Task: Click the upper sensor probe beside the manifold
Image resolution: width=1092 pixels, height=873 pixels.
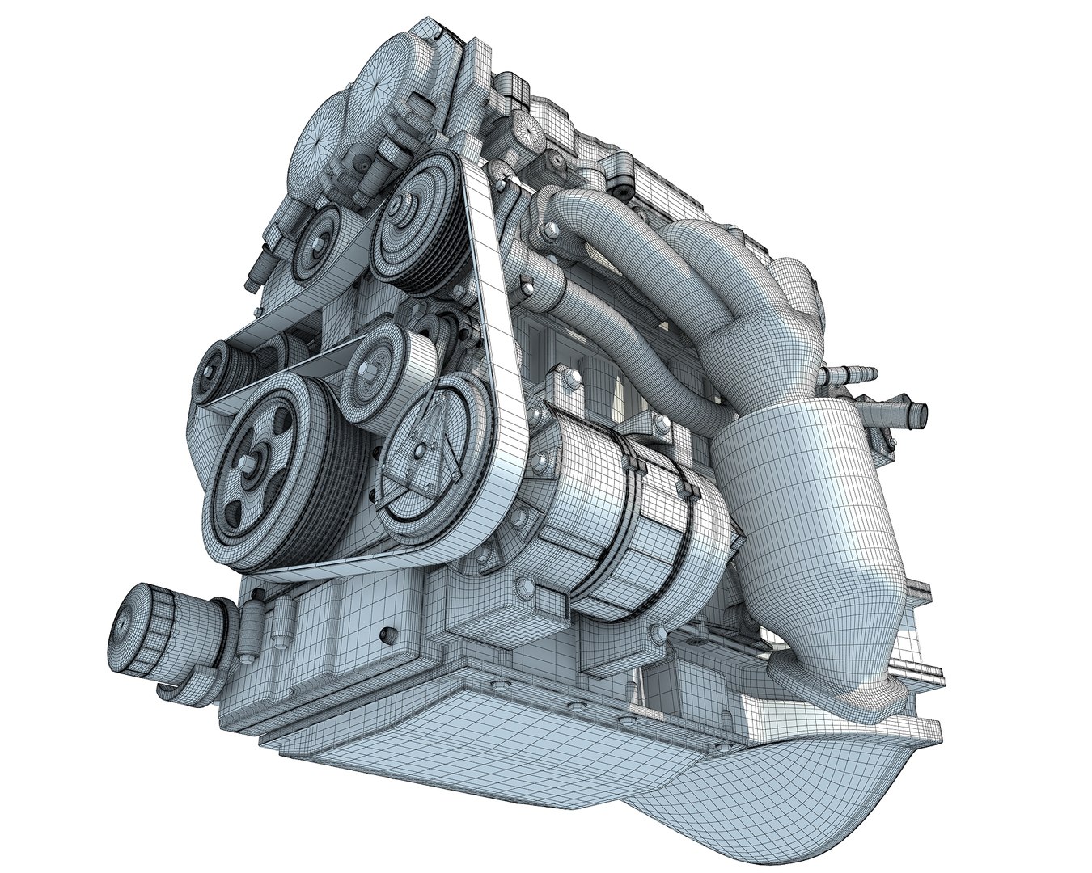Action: coord(849,376)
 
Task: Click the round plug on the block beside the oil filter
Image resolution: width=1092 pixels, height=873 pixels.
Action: coord(387,635)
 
